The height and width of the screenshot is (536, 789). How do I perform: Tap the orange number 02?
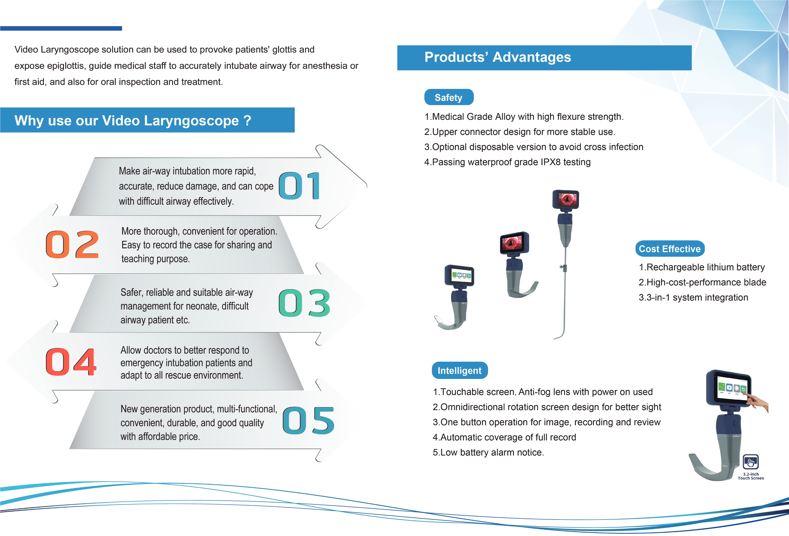[x=72, y=244]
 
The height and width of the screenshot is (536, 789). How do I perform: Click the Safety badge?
[x=448, y=97]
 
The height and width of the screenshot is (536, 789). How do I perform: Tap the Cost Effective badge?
[x=670, y=249]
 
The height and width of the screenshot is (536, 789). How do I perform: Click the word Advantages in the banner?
[x=532, y=57]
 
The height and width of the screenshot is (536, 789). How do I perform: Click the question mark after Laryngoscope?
[x=247, y=121]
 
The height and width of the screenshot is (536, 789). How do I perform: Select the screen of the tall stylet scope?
[x=566, y=199]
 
